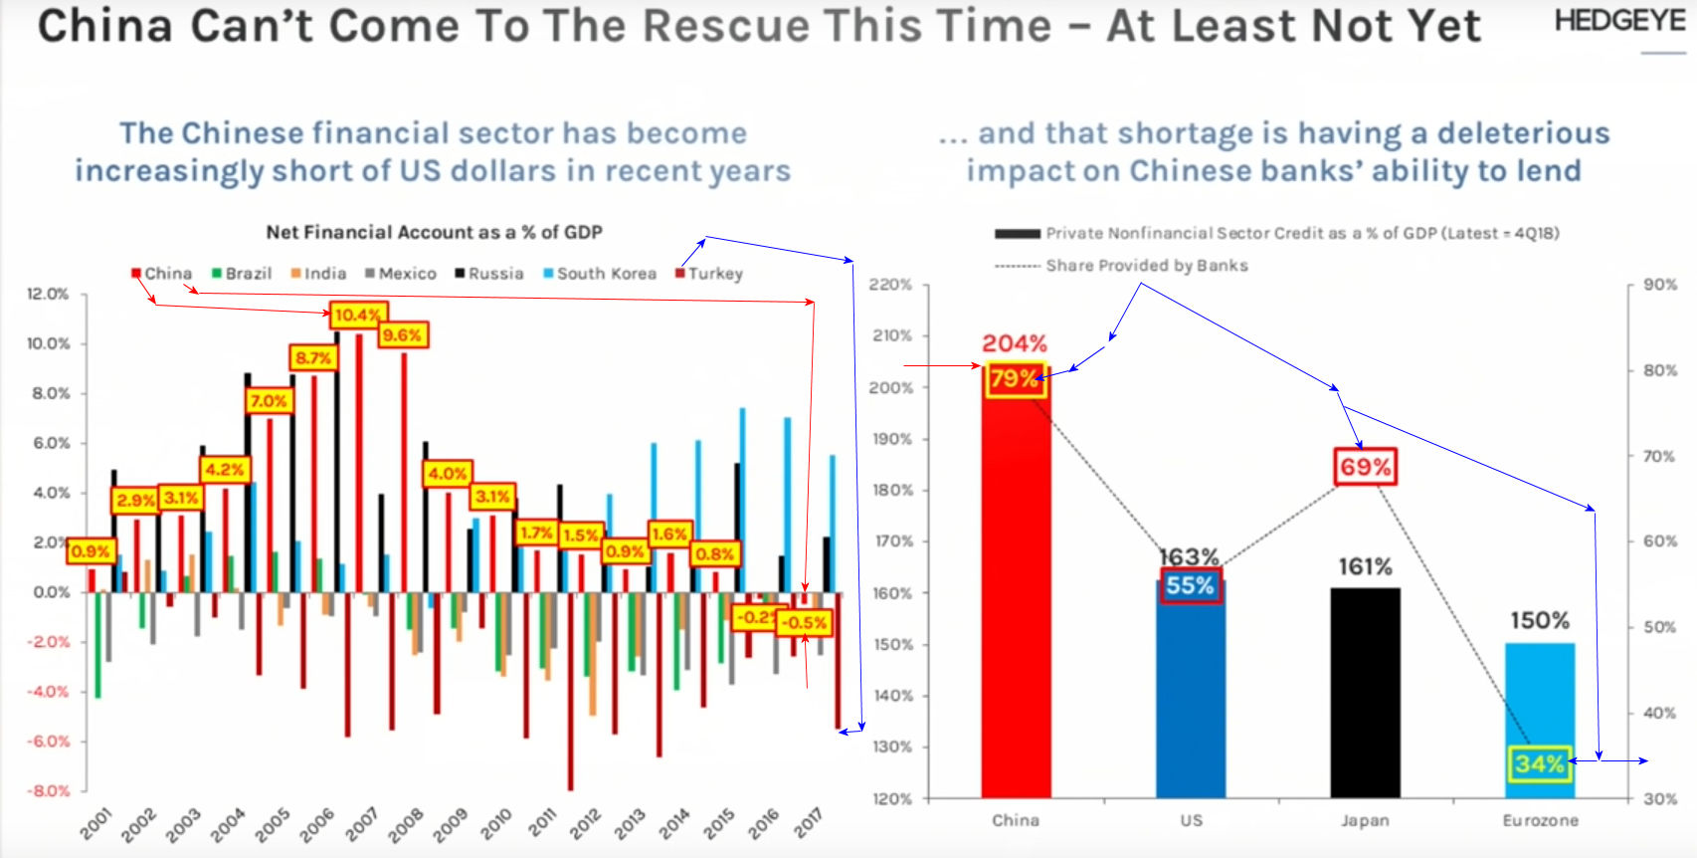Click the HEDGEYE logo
(x=1619, y=21)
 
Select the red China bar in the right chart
(x=1015, y=597)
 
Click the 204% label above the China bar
(x=1015, y=343)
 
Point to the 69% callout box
(x=1365, y=467)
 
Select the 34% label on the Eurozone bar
(x=1539, y=764)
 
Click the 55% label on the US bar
(x=1190, y=585)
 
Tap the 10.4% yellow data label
(x=357, y=316)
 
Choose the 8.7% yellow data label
(x=313, y=357)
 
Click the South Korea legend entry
(x=600, y=274)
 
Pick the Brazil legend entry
(x=242, y=274)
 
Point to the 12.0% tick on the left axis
(x=48, y=295)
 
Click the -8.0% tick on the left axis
(x=48, y=791)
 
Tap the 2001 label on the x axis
(x=96, y=824)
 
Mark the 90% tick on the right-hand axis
(x=1660, y=285)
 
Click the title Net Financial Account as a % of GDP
(x=434, y=232)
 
